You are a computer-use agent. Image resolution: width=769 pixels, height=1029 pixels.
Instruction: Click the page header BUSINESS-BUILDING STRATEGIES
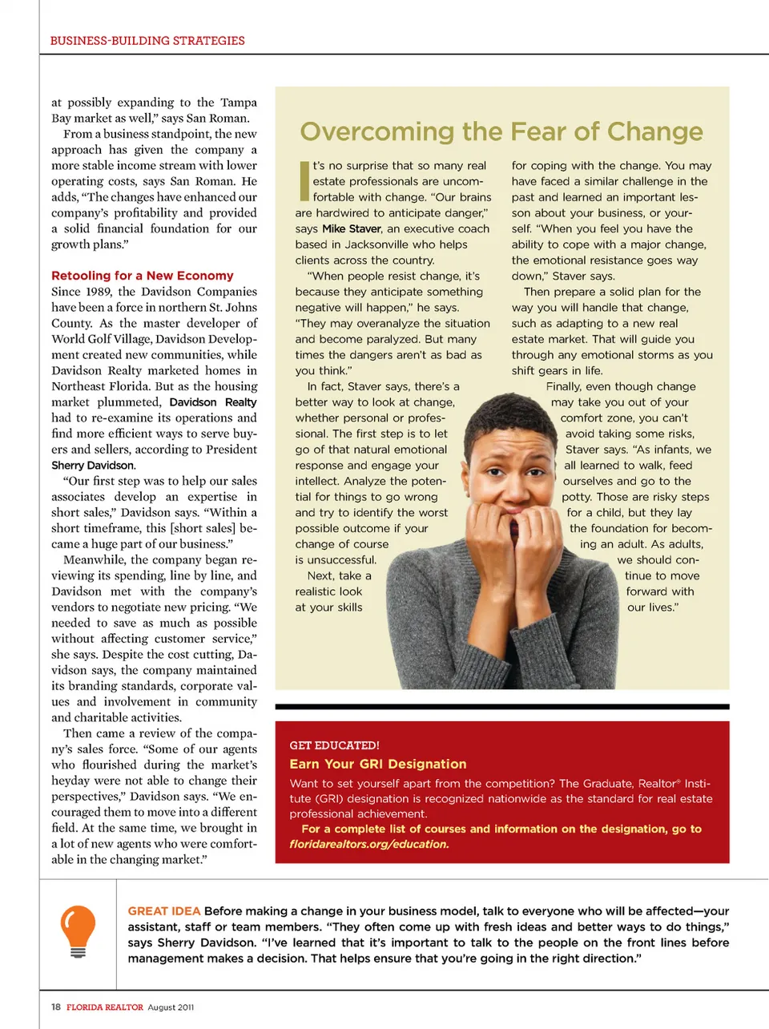[x=147, y=41]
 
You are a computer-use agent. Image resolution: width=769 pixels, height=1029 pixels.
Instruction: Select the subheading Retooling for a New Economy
[x=143, y=276]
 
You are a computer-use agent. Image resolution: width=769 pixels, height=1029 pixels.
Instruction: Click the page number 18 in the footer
[x=56, y=1007]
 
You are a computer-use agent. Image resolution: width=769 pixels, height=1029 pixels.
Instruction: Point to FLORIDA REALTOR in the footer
[x=105, y=1007]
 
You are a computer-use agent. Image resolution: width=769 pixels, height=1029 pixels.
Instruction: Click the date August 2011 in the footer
[x=171, y=1007]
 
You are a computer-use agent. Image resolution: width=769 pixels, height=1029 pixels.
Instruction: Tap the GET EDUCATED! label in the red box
[x=334, y=745]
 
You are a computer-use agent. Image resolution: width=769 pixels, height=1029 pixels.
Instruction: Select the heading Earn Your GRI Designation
[x=378, y=765]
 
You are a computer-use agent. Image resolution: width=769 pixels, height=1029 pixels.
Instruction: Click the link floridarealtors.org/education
[x=368, y=844]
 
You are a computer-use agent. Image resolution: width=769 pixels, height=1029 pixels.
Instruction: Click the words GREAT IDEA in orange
[x=164, y=911]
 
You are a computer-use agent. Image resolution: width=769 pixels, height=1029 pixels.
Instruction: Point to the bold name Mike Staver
[x=352, y=229]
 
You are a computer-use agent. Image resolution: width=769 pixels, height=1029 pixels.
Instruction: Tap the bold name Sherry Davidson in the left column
[x=93, y=466]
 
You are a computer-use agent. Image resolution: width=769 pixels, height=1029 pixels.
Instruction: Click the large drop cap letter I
[x=304, y=181]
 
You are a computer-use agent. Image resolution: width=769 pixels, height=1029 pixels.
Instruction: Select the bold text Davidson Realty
[x=213, y=402]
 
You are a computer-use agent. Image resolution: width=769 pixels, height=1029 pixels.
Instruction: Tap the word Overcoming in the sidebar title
[x=376, y=131]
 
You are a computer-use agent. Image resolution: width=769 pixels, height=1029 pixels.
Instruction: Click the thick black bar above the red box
[x=502, y=707]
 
